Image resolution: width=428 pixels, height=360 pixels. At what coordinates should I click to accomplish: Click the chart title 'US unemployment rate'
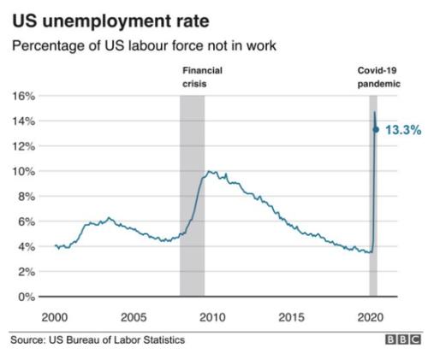pyautogui.click(x=111, y=22)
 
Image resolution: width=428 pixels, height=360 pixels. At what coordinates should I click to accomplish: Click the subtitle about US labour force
pyautogui.click(x=144, y=45)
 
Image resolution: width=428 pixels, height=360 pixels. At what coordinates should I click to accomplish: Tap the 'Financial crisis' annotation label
pyautogui.click(x=202, y=77)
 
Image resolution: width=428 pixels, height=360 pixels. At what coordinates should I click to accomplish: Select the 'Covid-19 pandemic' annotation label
pyautogui.click(x=379, y=77)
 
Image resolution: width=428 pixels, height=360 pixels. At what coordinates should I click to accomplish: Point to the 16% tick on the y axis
pyautogui.click(x=24, y=97)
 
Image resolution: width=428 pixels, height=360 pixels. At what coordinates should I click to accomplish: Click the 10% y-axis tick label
pyautogui.click(x=24, y=172)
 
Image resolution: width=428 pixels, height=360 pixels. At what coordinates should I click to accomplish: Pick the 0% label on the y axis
pyautogui.click(x=27, y=297)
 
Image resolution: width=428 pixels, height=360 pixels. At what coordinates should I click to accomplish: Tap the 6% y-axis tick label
pyautogui.click(x=27, y=221)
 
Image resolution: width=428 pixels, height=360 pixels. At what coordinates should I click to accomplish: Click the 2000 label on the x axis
pyautogui.click(x=55, y=317)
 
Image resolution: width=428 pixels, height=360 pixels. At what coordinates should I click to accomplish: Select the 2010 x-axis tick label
pyautogui.click(x=212, y=317)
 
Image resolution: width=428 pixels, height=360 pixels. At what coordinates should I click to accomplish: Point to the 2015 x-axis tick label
pyautogui.click(x=291, y=317)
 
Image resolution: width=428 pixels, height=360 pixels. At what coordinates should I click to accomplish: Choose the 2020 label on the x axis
pyautogui.click(x=371, y=317)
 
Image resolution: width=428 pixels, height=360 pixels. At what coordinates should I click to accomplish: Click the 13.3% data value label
pyautogui.click(x=403, y=130)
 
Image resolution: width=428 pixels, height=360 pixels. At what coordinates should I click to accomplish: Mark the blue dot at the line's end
pyautogui.click(x=376, y=130)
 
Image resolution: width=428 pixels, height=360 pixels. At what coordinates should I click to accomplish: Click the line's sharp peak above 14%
pyautogui.click(x=375, y=112)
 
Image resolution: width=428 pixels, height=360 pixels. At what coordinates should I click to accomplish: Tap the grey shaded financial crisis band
pyautogui.click(x=192, y=196)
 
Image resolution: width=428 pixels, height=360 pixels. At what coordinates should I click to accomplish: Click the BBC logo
pyautogui.click(x=403, y=339)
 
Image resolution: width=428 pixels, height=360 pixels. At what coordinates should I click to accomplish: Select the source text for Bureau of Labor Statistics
pyautogui.click(x=98, y=340)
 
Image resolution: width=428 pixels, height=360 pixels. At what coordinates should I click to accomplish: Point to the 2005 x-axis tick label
pyautogui.click(x=134, y=317)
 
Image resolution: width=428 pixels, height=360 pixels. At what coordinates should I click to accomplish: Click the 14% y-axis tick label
pyautogui.click(x=24, y=121)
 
